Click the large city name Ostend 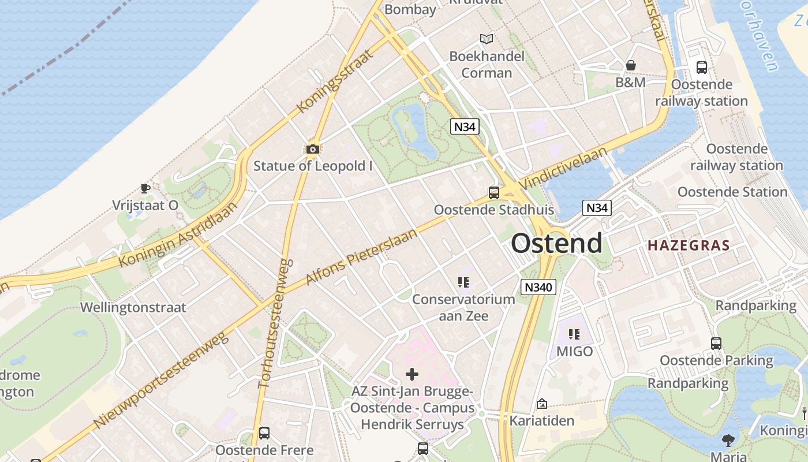[x=557, y=243]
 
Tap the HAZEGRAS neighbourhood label [x=689, y=245]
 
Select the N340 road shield [x=538, y=287]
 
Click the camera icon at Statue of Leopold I [x=312, y=150]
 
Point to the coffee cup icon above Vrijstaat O [x=145, y=188]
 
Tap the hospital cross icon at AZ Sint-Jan [x=412, y=374]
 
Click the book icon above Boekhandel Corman [x=487, y=39]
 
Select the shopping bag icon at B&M [x=631, y=65]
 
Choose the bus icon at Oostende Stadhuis [x=494, y=193]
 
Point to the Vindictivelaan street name [x=564, y=167]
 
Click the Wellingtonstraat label [x=133, y=307]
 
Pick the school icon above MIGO [x=574, y=334]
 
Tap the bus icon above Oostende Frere [x=264, y=433]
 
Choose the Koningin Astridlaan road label [x=178, y=235]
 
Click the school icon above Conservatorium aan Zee [x=463, y=282]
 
